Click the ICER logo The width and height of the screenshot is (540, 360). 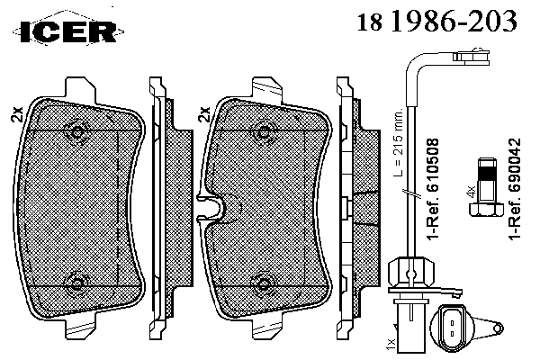pyautogui.click(x=68, y=31)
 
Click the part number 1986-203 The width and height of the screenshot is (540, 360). pyautogui.click(x=454, y=21)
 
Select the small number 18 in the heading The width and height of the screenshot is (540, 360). pyautogui.click(x=370, y=23)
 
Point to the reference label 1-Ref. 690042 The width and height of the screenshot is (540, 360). pyautogui.click(x=515, y=189)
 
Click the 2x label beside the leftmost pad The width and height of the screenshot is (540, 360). pyautogui.click(x=17, y=114)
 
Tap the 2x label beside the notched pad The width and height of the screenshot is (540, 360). pyautogui.click(x=204, y=114)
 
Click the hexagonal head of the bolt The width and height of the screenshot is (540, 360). pyautogui.click(x=486, y=210)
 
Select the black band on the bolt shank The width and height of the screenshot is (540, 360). pyautogui.click(x=487, y=174)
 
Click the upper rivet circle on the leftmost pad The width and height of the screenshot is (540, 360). pyautogui.click(x=77, y=131)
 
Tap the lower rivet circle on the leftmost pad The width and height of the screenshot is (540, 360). pyautogui.click(x=76, y=283)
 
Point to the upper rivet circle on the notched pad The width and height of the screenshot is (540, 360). pyautogui.click(x=264, y=132)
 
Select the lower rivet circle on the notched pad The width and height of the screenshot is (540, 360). pyautogui.click(x=264, y=283)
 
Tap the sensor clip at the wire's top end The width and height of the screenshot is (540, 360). pyautogui.click(x=472, y=56)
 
